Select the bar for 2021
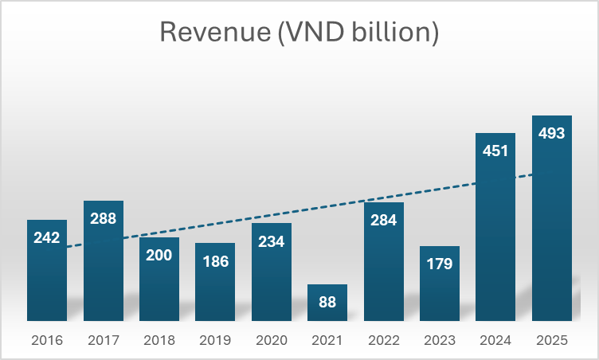click(x=327, y=303)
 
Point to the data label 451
click(x=495, y=151)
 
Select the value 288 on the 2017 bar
click(x=104, y=218)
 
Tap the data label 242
click(x=47, y=237)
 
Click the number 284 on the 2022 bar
click(x=384, y=220)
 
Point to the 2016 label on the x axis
click(x=47, y=340)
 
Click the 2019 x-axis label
click(x=215, y=340)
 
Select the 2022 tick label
click(x=384, y=340)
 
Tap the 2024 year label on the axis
click(x=495, y=340)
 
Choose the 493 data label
click(x=552, y=133)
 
